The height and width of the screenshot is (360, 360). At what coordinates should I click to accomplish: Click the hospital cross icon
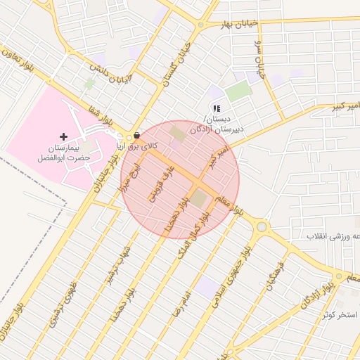coord(64,136)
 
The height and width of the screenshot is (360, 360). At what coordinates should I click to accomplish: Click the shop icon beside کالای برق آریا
coord(136,134)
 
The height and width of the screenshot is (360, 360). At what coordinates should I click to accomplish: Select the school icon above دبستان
coord(217,108)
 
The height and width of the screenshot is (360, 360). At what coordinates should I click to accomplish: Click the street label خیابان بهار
coord(240,23)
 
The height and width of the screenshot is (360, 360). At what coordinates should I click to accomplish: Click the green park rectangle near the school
coord(239,90)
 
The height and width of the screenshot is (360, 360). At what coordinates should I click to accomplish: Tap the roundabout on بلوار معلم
coord(262,226)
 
